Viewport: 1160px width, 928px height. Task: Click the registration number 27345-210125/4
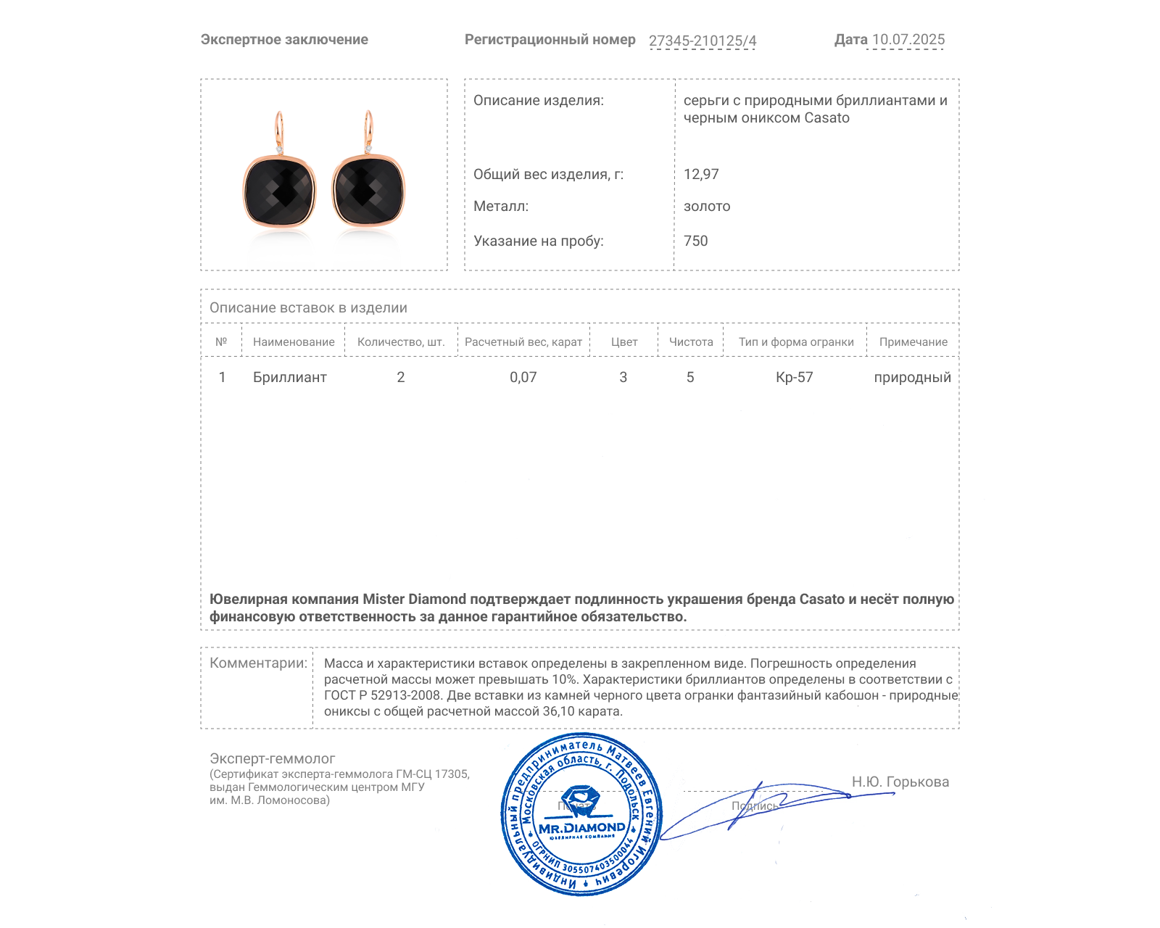point(702,41)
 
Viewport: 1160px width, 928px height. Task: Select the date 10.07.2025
point(908,40)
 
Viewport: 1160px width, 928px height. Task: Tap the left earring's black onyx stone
point(279,191)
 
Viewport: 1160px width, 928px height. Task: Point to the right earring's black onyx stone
point(368,190)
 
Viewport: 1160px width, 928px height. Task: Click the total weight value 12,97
point(701,174)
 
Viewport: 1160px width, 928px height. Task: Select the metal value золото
point(707,206)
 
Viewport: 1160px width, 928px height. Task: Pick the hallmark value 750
point(695,241)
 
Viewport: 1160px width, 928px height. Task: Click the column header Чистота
point(691,342)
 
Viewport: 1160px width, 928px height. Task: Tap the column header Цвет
point(623,342)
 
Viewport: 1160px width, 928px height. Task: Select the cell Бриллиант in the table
point(289,377)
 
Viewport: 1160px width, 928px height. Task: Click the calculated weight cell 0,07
point(523,377)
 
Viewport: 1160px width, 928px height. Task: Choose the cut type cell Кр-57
point(794,377)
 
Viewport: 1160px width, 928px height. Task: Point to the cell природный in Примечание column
point(912,377)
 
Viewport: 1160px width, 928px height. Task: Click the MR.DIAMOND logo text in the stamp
point(581,828)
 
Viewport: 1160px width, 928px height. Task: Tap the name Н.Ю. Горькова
point(900,782)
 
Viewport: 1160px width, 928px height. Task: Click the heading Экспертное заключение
point(284,40)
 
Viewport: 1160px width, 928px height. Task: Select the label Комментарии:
point(258,663)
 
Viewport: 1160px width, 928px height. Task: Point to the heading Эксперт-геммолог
point(272,758)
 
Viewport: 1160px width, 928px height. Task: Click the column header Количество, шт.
point(401,342)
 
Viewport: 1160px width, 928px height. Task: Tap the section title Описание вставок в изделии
point(308,307)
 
